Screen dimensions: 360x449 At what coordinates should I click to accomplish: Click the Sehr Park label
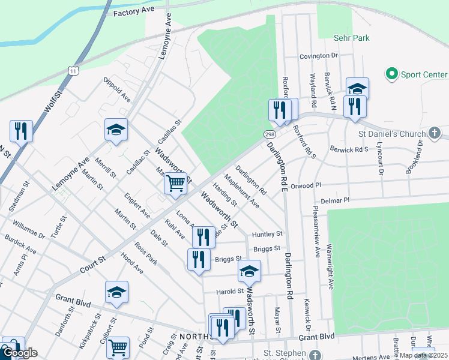point(351,38)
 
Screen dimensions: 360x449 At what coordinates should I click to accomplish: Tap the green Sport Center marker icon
point(392,74)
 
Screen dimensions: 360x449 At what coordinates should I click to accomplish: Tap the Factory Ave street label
point(134,11)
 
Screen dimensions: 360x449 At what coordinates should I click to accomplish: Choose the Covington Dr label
point(319,56)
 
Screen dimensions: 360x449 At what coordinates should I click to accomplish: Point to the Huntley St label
point(267,233)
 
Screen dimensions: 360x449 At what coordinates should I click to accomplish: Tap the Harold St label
point(229,292)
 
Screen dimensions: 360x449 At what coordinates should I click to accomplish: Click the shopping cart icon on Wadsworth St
point(175,182)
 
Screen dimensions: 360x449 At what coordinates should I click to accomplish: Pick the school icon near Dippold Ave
point(116,129)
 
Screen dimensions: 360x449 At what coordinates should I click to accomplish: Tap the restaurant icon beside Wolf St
point(21,130)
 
